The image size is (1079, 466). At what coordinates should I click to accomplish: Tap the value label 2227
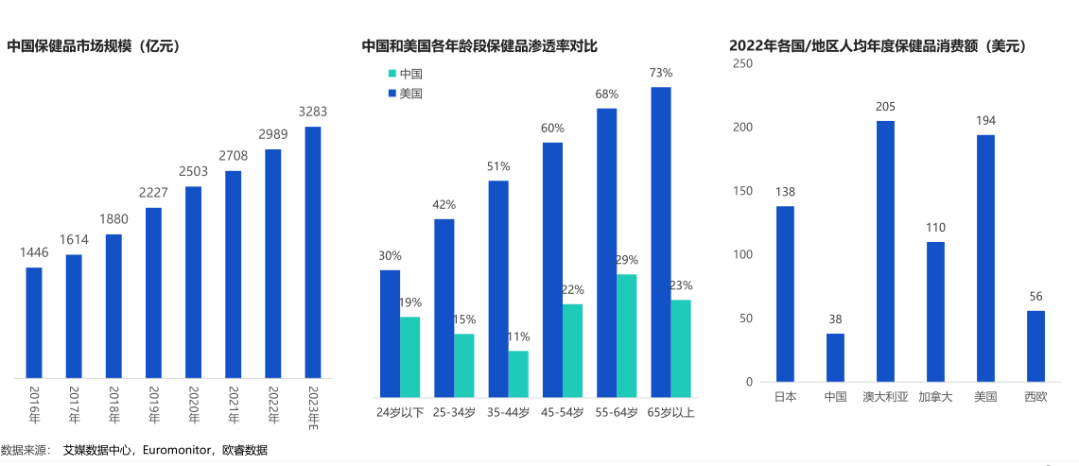coord(153,194)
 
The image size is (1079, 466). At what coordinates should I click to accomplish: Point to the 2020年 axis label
coord(193,403)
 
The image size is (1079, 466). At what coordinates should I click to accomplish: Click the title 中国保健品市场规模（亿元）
coord(94,45)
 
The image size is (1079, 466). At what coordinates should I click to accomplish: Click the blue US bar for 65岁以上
coord(661,241)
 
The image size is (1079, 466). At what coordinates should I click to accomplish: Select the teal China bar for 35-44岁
coord(518,373)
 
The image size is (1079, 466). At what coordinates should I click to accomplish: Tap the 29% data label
coord(627,260)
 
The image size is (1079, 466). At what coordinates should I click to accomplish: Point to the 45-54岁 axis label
coord(562,412)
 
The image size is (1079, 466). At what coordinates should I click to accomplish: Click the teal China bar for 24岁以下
coord(409,356)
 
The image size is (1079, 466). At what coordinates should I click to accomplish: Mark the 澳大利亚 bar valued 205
coord(885,251)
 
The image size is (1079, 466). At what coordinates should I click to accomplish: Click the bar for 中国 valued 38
coord(835,357)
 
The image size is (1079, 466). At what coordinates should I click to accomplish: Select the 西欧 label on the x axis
coord(1035,397)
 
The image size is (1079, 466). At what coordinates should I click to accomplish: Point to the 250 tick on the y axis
coord(743,63)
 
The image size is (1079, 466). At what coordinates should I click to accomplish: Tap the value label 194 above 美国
coord(985,120)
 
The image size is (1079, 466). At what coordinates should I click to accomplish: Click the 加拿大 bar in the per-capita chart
coord(935,312)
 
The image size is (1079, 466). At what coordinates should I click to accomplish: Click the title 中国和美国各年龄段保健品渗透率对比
coord(479,45)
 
